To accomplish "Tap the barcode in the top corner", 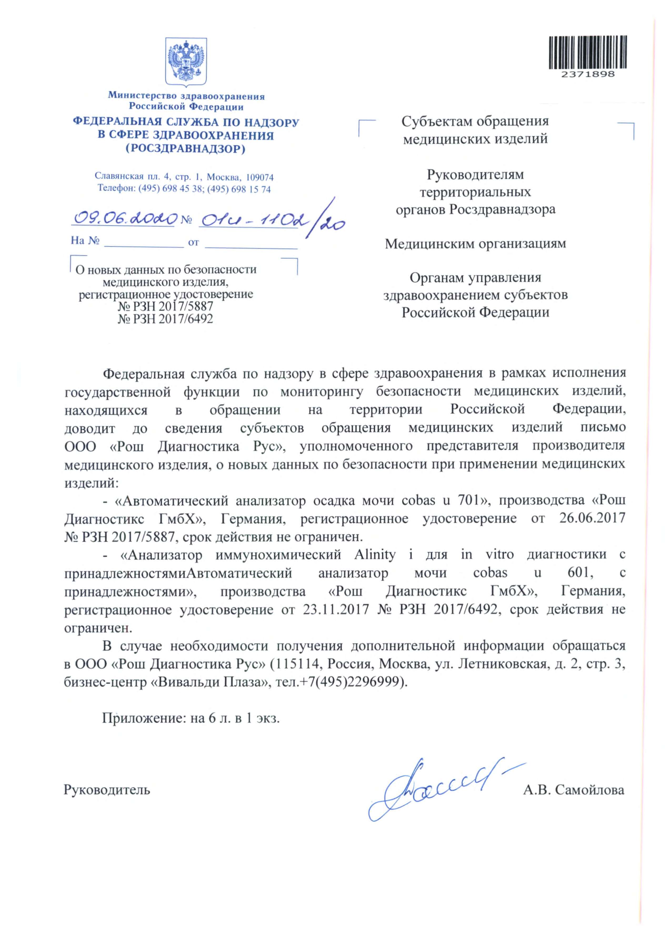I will coord(588,52).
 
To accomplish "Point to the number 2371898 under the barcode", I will coord(588,74).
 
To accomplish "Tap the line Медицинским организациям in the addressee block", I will coord(475,244).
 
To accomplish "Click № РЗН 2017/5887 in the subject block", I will coord(166,306).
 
